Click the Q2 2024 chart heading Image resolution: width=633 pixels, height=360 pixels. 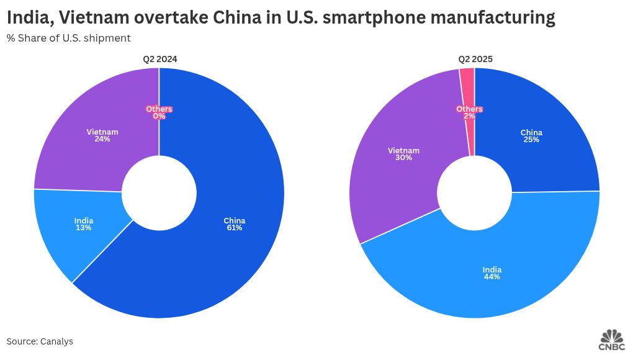(159, 60)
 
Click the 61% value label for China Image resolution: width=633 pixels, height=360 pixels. (235, 228)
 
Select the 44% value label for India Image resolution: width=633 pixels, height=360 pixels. (492, 277)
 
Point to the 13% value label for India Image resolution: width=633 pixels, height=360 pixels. (84, 228)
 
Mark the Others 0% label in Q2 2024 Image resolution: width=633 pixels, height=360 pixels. (159, 112)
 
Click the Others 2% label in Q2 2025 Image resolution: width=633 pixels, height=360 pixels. (469, 112)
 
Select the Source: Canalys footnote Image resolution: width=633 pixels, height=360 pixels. (40, 341)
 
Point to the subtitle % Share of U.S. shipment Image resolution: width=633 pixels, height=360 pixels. (68, 38)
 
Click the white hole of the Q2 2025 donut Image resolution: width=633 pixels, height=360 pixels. (475, 192)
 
